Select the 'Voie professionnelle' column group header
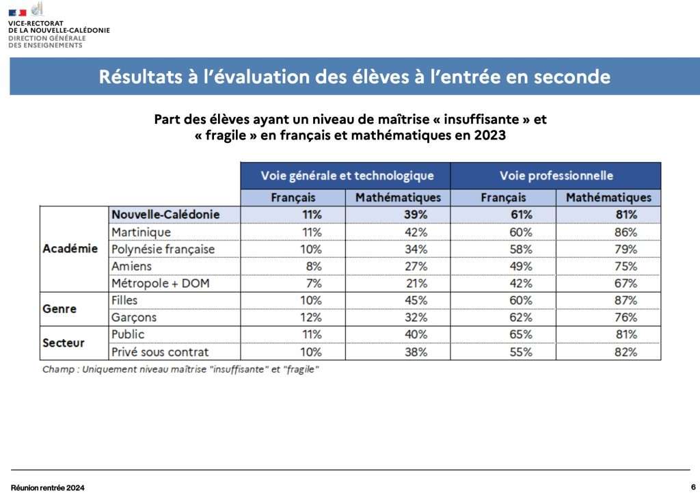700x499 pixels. (x=556, y=176)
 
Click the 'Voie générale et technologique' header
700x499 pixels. (x=347, y=176)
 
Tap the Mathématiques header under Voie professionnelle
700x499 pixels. (x=608, y=198)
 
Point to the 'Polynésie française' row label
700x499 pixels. (x=163, y=249)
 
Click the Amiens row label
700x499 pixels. (x=131, y=266)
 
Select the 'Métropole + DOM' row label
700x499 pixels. (x=157, y=283)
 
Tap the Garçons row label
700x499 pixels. (x=134, y=317)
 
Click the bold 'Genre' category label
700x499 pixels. (x=59, y=309)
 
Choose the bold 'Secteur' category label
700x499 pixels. (x=63, y=342)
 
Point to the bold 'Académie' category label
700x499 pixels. (x=70, y=249)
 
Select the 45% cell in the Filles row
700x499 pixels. (x=416, y=300)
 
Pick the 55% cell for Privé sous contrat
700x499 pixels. (x=521, y=352)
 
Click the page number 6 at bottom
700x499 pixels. (x=692, y=487)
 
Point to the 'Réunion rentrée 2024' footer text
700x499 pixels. (x=48, y=488)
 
